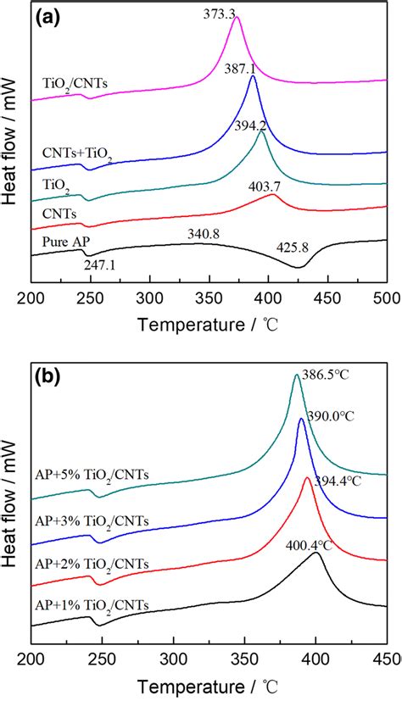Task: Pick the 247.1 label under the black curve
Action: [100, 265]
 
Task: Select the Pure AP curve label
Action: [63, 242]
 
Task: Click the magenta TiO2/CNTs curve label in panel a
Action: [77, 84]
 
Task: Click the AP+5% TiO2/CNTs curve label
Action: [93, 476]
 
